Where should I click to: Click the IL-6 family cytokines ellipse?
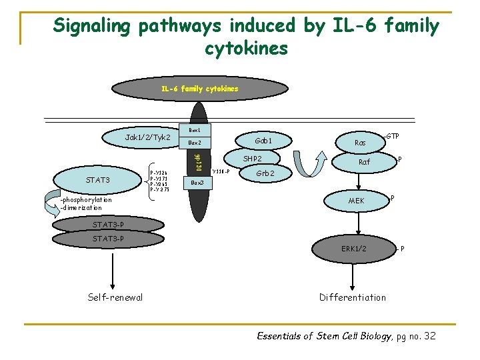coord(199,89)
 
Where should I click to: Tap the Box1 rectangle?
coord(195,129)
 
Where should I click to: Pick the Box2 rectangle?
coord(195,143)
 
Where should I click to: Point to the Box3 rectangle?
coord(197,182)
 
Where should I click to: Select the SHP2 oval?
coord(252,159)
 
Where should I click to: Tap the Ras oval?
coord(360,143)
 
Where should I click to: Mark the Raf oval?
coord(364,161)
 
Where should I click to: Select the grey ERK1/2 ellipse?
coord(353,249)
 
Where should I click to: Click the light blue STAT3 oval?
coord(98,180)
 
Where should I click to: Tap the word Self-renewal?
coord(115,297)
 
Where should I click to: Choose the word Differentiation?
coord(352,297)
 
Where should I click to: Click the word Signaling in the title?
coord(94,26)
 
